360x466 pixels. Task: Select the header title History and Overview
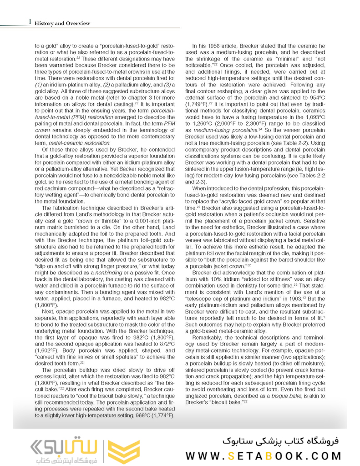tap(62, 23)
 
